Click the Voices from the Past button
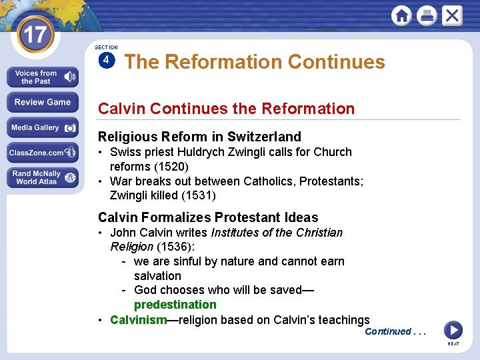42,77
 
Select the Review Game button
42,103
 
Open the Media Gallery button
42,127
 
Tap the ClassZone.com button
42,153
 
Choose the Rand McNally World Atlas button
42,177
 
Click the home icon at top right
401,15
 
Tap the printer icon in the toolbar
427,15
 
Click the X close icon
452,15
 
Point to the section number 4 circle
105,60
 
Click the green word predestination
175,305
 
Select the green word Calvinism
138,320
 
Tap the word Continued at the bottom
387,331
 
